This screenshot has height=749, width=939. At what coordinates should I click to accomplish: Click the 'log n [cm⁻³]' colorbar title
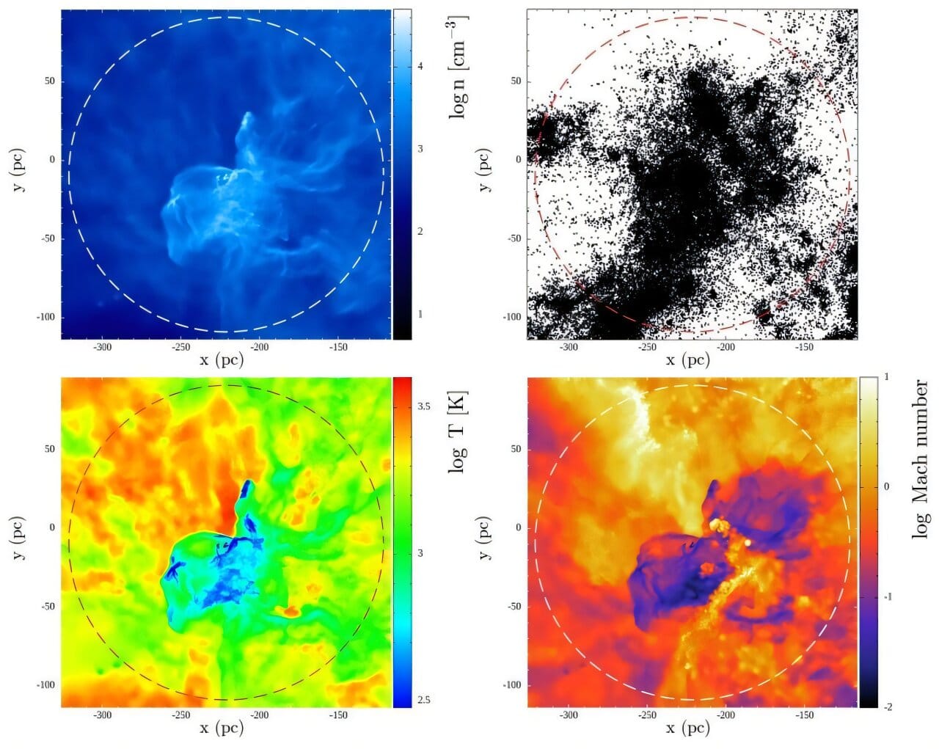click(x=458, y=67)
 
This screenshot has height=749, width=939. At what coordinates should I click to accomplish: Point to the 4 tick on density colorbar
click(x=420, y=66)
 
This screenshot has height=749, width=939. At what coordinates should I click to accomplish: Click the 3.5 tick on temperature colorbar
click(x=423, y=406)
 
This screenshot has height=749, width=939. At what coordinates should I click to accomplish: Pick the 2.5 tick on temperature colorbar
click(x=423, y=699)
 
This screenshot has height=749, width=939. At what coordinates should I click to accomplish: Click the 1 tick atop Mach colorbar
click(x=886, y=377)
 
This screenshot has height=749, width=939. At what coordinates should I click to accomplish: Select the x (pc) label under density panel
click(x=222, y=359)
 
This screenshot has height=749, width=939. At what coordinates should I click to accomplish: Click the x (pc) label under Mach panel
click(x=688, y=727)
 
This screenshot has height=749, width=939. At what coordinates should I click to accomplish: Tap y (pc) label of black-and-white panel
click(x=483, y=170)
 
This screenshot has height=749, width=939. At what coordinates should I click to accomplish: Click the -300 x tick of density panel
click(x=102, y=347)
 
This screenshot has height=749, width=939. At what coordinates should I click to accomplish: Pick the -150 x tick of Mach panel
click(x=805, y=715)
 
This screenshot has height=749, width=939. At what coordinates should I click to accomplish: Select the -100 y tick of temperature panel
click(x=45, y=684)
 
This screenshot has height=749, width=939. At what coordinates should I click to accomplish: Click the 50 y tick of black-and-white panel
click(x=516, y=81)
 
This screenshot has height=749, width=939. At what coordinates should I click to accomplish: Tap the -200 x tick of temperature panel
click(x=259, y=715)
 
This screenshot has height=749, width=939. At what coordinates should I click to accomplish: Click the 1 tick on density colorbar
click(x=420, y=314)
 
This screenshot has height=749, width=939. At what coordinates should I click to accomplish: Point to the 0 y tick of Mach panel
click(x=519, y=527)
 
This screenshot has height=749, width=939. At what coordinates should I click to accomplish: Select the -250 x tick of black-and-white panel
click(x=647, y=347)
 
